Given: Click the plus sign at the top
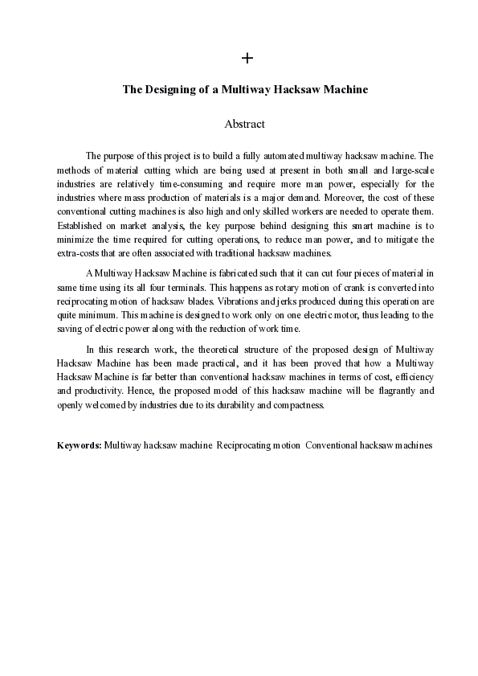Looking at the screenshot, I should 247,58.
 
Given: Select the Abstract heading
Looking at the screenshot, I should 245,125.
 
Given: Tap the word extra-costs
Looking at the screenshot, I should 79,253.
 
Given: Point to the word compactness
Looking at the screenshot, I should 295,404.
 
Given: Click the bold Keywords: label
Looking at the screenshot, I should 79,445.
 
